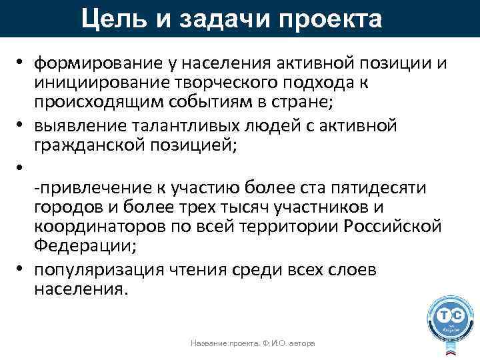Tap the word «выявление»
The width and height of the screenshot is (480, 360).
click(x=77, y=125)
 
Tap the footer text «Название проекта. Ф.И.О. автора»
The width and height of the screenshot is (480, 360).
click(x=253, y=343)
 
